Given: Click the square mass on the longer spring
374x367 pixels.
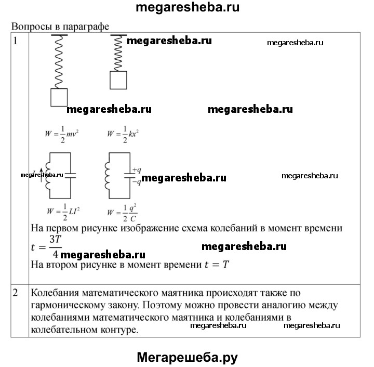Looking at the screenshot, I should (x=59, y=97).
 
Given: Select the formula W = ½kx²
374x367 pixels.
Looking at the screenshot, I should (x=123, y=134).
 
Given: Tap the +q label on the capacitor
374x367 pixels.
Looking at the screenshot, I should (x=137, y=170).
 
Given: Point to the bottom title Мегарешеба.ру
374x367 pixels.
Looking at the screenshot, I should (x=187, y=357).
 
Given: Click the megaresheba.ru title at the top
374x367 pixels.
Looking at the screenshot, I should (x=187, y=8).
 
